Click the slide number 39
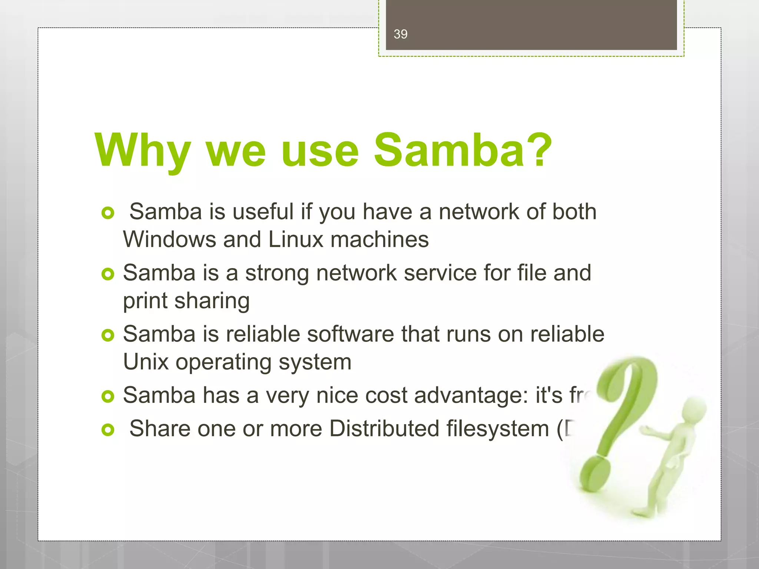click(400, 34)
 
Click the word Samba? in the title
click(463, 150)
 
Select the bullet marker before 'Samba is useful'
click(108, 213)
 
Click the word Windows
click(169, 239)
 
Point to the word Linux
click(296, 239)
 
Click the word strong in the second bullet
click(277, 273)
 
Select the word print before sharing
click(145, 301)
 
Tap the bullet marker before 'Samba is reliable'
click(108, 335)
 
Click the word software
click(351, 334)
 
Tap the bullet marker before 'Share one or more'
click(108, 430)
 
